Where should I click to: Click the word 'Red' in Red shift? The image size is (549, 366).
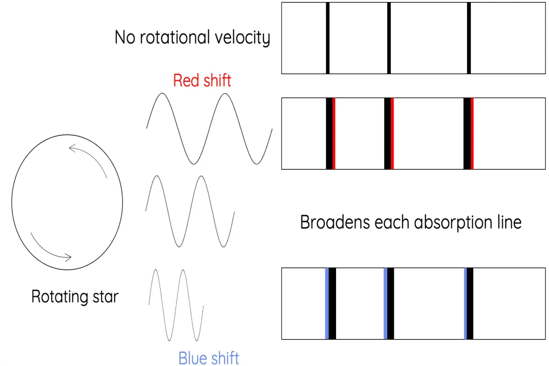185,81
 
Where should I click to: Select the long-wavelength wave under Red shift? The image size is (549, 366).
209,129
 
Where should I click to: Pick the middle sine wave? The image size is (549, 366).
190,211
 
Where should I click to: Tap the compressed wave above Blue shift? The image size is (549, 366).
176,305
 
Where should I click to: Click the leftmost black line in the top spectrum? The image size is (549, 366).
328,38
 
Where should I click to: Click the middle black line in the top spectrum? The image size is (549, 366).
389,38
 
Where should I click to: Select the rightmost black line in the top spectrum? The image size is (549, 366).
469,38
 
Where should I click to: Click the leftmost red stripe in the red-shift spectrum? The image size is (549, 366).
334,133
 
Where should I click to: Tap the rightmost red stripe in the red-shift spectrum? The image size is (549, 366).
472,133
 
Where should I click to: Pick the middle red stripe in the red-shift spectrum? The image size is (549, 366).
392,133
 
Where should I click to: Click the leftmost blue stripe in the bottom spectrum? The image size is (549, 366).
327,303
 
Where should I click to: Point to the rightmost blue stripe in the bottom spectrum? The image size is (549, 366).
466,303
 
